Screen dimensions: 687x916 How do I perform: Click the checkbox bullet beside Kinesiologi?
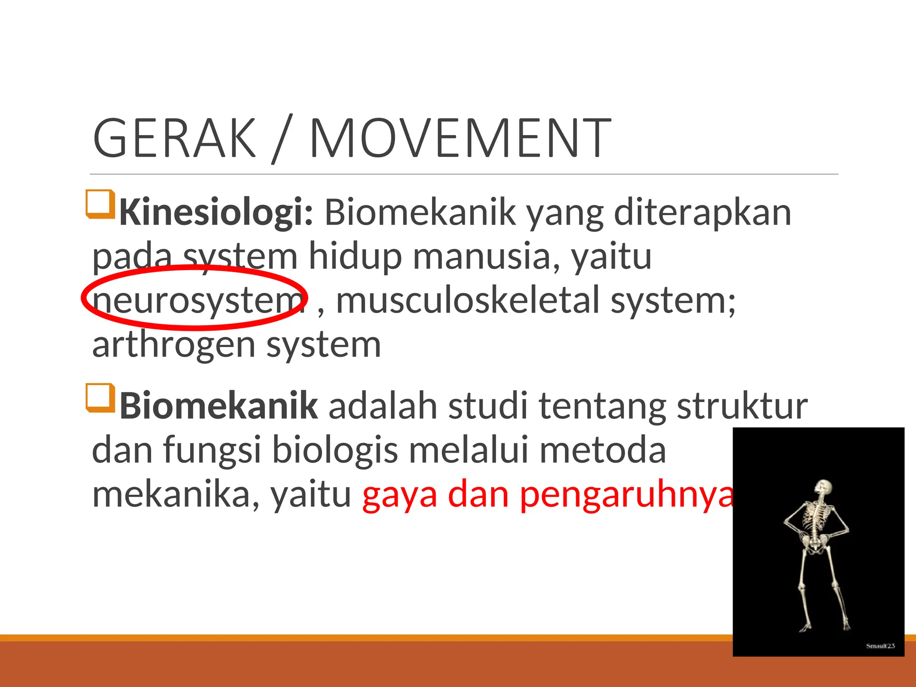pyautogui.click(x=100, y=204)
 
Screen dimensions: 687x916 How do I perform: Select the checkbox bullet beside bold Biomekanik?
pyautogui.click(x=100, y=398)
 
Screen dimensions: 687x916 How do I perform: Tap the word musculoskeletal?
pyautogui.click(x=467, y=300)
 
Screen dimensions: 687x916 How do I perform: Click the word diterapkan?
pyautogui.click(x=702, y=212)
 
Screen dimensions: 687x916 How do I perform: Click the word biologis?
pyautogui.click(x=335, y=450)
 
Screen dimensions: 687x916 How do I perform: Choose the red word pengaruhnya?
pyautogui.click(x=626, y=495)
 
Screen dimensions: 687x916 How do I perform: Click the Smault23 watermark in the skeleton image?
pyautogui.click(x=880, y=646)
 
